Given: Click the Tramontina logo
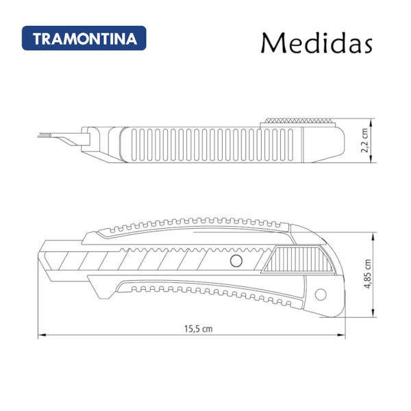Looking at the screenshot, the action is pyautogui.click(x=84, y=38).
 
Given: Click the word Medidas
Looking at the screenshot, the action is pyautogui.click(x=316, y=43).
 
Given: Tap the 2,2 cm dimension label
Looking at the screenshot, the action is pyautogui.click(x=365, y=140).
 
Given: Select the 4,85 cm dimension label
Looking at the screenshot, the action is pyautogui.click(x=368, y=273).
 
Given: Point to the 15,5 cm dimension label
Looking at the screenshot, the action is pyautogui.click(x=198, y=329).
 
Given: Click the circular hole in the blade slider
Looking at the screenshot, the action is pyautogui.click(x=236, y=261).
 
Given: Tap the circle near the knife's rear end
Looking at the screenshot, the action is pyautogui.click(x=321, y=295).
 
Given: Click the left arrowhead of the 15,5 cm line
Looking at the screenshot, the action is pyautogui.click(x=42, y=335).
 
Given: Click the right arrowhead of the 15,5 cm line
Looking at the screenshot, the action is pyautogui.click(x=341, y=335).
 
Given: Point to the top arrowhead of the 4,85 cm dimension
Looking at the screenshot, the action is pyautogui.click(x=373, y=236).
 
